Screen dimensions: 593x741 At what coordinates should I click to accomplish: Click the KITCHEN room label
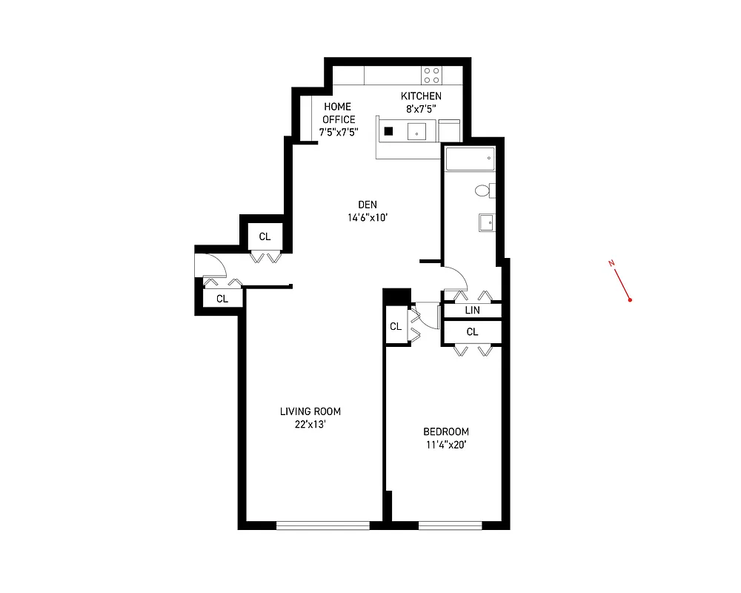point(421,96)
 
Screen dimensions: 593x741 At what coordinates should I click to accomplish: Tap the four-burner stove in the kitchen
point(431,75)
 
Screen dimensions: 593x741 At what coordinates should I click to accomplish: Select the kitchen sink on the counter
point(417,133)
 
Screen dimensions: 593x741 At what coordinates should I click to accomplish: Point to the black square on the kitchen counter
point(388,132)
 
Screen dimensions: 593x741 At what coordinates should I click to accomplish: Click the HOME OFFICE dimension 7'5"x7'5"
point(339,132)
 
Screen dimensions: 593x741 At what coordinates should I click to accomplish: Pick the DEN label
point(368,205)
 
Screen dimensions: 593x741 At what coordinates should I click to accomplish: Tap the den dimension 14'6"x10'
point(368,218)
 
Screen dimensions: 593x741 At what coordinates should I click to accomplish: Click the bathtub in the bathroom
point(469,159)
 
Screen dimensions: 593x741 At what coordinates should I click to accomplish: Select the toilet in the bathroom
point(483,191)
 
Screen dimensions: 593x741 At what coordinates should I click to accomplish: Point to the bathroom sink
point(487,222)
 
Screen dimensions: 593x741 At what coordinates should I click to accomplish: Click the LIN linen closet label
point(472,311)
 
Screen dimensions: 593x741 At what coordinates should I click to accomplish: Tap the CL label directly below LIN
point(472,331)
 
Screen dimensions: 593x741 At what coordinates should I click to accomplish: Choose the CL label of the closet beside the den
point(265,237)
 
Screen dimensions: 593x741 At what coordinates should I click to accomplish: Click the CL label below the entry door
point(222,299)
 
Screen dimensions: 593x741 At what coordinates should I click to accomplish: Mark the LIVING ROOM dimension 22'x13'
point(310,425)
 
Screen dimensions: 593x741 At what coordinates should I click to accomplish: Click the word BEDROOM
point(445,432)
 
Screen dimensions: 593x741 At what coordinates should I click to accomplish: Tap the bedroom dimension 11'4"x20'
point(445,445)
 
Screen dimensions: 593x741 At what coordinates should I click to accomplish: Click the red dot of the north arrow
point(629,300)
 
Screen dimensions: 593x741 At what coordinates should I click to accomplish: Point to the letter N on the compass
point(611,263)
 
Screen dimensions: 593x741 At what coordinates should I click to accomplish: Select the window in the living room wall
point(322,526)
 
